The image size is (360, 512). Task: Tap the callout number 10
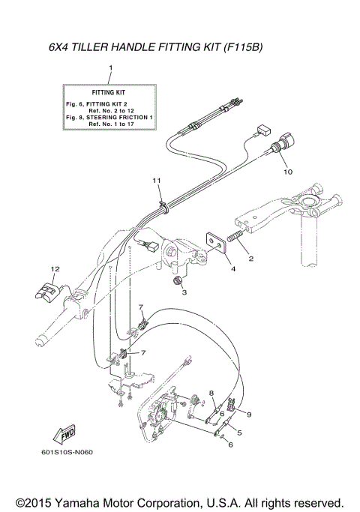(x=285, y=172)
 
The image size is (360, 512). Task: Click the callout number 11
(x=157, y=181)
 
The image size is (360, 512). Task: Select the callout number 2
(x=251, y=259)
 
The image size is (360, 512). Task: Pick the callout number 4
(x=232, y=268)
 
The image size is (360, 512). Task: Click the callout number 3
(x=184, y=292)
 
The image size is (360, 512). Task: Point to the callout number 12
(x=54, y=268)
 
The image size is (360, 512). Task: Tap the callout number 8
(x=212, y=392)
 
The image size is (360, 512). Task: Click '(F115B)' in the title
(x=244, y=46)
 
